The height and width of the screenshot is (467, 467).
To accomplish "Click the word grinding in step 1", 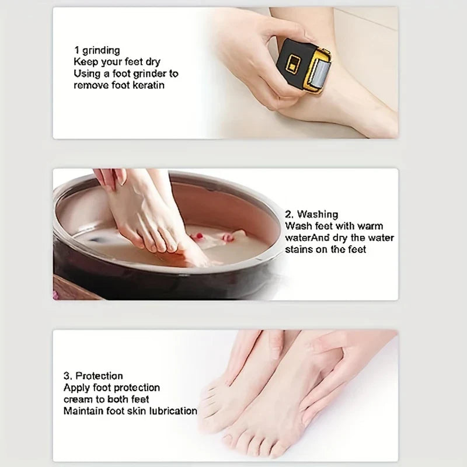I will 100,50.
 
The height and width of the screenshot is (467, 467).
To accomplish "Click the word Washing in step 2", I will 317,215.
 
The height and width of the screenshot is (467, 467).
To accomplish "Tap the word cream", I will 78,399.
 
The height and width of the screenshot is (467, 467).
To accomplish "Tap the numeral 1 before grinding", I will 76,50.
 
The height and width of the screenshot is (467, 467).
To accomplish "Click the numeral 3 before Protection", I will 66,376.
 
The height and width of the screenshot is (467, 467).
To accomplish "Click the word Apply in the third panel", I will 76,388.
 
